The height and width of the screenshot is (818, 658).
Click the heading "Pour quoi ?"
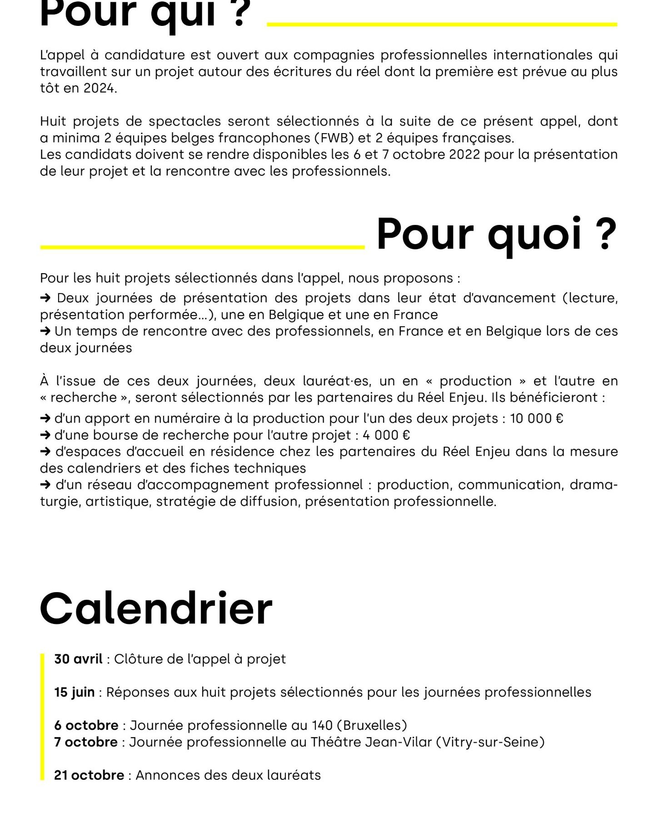click(496, 234)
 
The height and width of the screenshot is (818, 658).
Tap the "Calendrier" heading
click(156, 609)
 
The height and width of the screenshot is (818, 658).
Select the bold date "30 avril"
click(78, 659)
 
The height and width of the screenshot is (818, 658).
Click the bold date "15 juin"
click(75, 692)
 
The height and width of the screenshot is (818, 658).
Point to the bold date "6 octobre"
click(86, 725)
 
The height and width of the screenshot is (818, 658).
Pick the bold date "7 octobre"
click(86, 742)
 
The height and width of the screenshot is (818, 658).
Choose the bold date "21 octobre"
click(89, 775)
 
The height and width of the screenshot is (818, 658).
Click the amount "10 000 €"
click(537, 419)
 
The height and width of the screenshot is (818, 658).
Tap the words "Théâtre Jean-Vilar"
click(371, 742)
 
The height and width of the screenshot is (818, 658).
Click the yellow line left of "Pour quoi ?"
click(202, 247)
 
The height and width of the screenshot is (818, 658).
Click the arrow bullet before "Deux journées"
click(45, 298)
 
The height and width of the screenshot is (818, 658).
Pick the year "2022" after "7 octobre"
click(464, 155)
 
